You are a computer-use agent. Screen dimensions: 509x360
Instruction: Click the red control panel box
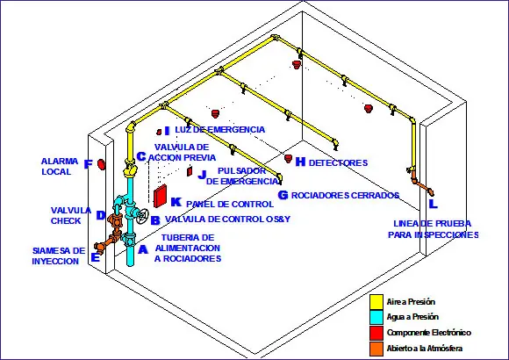tap(160, 196)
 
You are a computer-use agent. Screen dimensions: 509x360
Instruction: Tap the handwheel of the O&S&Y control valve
tap(142, 216)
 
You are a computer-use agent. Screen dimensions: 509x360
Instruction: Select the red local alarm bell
tap(102, 164)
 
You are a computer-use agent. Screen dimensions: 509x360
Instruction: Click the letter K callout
tap(176, 202)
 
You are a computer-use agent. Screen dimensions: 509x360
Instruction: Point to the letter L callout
tap(433, 204)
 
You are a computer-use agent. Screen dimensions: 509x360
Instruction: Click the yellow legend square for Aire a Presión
tap(376, 301)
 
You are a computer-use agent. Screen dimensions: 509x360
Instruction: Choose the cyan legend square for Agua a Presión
tap(376, 317)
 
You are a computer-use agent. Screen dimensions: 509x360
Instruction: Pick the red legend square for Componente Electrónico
tap(376, 333)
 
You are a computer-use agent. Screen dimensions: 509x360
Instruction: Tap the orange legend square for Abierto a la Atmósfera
tap(376, 349)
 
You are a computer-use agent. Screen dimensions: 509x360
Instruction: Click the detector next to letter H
tap(288, 158)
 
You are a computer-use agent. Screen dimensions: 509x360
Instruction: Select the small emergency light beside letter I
tap(159, 132)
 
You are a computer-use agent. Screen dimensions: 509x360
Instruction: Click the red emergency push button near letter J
tap(190, 171)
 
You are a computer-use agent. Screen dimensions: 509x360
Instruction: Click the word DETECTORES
tap(338, 162)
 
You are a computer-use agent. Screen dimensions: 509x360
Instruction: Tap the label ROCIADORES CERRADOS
tap(345, 195)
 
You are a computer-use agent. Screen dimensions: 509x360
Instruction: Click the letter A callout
tap(143, 249)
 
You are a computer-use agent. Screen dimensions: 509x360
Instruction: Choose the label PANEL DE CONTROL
tap(230, 204)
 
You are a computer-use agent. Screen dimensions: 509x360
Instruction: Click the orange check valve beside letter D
tap(115, 221)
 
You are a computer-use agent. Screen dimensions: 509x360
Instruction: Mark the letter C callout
tap(141, 156)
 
